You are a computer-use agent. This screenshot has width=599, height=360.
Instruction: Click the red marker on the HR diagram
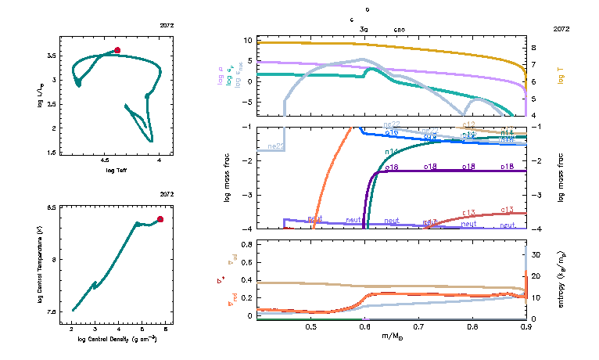click(117, 50)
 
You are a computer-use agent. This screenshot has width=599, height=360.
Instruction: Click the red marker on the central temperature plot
click(160, 219)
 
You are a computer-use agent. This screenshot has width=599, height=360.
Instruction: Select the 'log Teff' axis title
click(117, 170)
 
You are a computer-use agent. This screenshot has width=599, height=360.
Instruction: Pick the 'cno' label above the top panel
click(399, 29)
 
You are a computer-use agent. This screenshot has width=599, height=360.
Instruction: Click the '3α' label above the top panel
click(364, 29)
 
